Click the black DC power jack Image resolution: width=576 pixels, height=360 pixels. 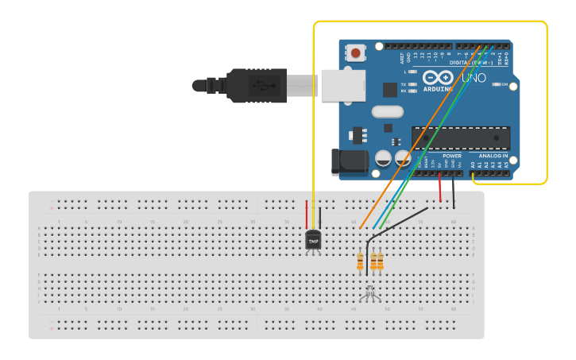tap(349, 162)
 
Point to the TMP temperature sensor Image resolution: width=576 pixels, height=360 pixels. tap(313, 240)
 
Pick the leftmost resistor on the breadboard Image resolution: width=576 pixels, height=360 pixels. tap(360, 261)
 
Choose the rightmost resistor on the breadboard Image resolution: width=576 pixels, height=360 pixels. tap(381, 261)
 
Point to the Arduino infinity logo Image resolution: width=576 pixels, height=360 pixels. tap(438, 78)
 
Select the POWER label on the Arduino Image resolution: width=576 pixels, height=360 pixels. tap(451, 156)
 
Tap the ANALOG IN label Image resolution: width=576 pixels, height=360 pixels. tap(493, 156)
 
